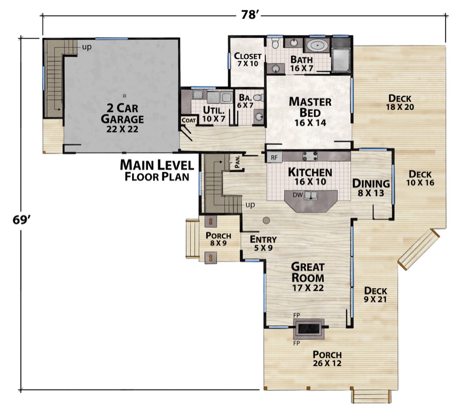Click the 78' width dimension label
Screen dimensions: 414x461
click(x=252, y=14)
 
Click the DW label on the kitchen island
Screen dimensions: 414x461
click(x=297, y=195)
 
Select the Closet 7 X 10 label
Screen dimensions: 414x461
click(x=247, y=60)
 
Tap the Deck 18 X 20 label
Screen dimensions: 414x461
click(x=401, y=102)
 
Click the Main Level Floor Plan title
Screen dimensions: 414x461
click(x=156, y=171)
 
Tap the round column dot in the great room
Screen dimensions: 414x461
click(x=266, y=220)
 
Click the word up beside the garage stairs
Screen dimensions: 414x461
click(x=86, y=47)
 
